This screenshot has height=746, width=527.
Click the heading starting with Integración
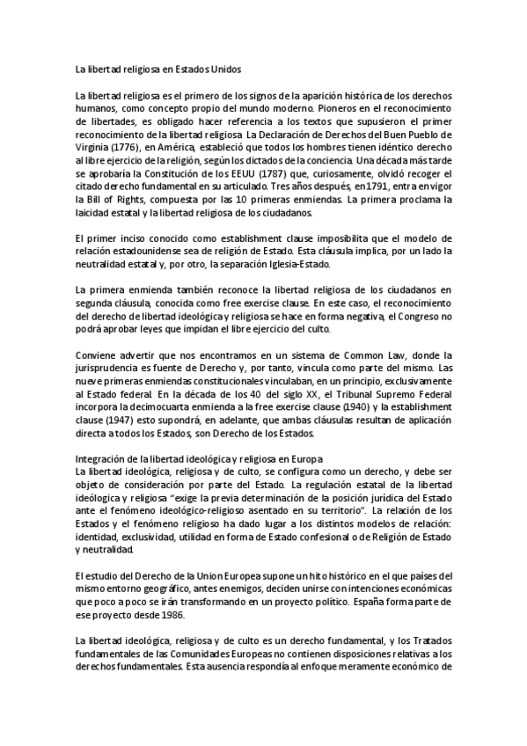199,458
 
